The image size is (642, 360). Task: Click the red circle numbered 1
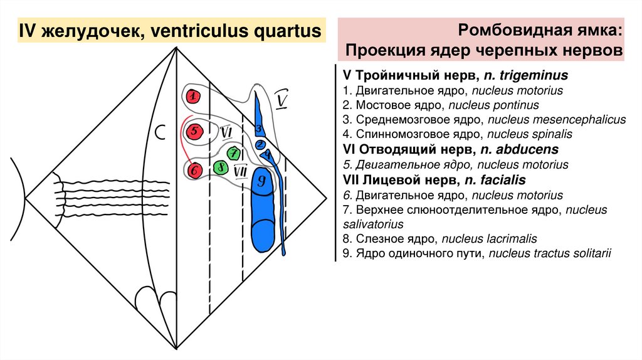point(194,96)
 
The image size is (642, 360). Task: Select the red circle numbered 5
point(194,132)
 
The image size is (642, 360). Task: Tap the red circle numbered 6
point(194,169)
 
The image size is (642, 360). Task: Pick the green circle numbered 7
point(233,152)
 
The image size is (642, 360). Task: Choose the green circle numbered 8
point(220,167)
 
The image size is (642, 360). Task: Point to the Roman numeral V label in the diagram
point(283,100)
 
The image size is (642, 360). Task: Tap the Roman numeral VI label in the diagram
point(226,132)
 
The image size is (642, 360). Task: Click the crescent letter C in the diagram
point(160,132)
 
